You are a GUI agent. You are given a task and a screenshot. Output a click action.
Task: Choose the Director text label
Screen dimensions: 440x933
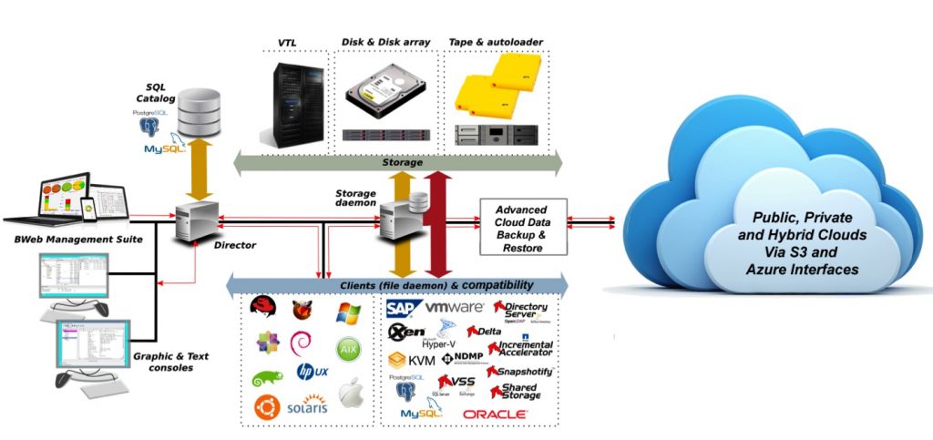coord(234,245)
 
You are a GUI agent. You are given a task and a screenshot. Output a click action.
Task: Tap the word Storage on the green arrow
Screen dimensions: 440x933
coord(401,162)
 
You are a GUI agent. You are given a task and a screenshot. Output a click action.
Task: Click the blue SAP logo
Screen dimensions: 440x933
coord(402,308)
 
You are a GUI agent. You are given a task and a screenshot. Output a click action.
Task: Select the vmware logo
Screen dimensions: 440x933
coord(454,308)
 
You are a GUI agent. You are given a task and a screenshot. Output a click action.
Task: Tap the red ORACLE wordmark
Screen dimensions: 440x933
coord(495,414)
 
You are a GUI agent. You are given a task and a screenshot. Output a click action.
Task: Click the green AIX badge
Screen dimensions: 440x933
coord(350,350)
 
